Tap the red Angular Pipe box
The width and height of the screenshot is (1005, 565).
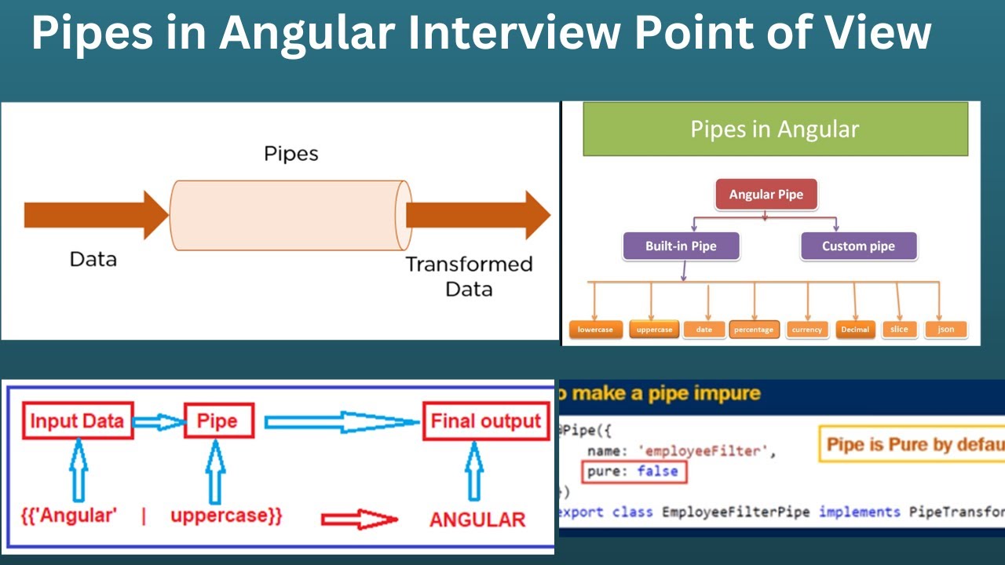tap(766, 195)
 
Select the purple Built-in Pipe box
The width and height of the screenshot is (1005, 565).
tap(681, 246)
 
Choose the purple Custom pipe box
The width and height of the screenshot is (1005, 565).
tap(858, 246)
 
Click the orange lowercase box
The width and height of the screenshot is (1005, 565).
tap(596, 330)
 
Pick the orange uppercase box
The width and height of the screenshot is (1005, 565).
tap(654, 330)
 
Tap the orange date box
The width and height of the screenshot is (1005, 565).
tap(704, 330)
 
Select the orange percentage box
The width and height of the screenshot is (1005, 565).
tap(754, 330)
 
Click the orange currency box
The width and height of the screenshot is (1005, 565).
tap(806, 330)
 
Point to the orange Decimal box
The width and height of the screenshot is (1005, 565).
tap(855, 330)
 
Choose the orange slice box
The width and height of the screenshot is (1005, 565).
tap(900, 329)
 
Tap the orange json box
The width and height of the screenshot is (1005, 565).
tap(946, 329)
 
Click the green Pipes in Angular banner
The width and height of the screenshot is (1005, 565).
tap(775, 129)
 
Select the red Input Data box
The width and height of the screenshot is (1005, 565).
tap(77, 421)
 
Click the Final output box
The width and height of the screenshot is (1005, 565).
tap(485, 421)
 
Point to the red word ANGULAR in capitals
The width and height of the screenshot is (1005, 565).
tap(477, 519)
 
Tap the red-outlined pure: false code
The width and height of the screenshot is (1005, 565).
tap(634, 472)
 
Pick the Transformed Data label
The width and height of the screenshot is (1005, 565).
tap(469, 276)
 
